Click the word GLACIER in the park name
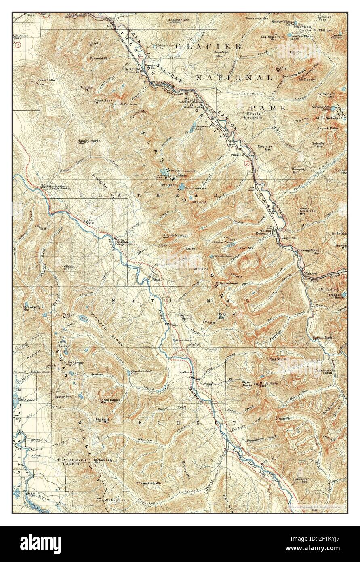click(208, 46)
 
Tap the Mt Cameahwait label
click(227, 283)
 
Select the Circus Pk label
click(283, 418)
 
